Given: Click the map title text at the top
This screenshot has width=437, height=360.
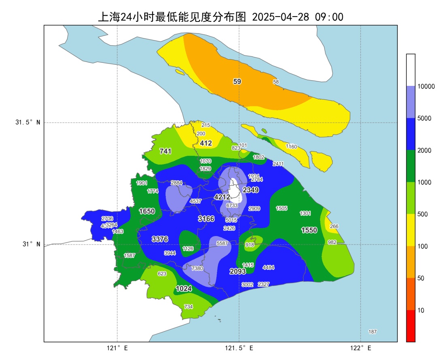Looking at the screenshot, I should coord(221,17).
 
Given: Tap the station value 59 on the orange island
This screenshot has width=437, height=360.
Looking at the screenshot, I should coord(237,81).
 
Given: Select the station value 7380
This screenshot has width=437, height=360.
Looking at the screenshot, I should coord(197,268).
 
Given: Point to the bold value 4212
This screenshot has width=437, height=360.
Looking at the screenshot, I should coord(222,197).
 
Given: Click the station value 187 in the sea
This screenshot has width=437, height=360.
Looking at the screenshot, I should coord(372,332).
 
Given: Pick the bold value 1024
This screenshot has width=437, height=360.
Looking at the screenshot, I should coord(183,289).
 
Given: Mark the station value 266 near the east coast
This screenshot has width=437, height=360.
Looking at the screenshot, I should coord(334,226).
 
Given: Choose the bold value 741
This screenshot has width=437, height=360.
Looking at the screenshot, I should coord(165,151).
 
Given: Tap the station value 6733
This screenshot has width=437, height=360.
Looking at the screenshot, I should coord(232,205).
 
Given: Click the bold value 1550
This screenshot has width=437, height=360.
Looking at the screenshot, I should coord(309,230).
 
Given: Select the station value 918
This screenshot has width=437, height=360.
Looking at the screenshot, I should coord(250,245).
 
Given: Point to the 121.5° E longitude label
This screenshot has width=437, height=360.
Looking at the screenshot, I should coord(239,348).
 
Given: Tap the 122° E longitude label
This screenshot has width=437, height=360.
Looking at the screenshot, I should coord(361,348).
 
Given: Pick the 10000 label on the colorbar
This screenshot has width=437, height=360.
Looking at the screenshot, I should coord(426,86).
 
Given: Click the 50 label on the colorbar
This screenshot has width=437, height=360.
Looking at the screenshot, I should coord(420,278).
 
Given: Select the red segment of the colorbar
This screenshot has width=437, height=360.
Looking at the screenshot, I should coord(411,326).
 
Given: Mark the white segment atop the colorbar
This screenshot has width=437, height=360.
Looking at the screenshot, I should coord(411,70).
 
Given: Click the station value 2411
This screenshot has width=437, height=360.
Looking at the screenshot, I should coord(278,164).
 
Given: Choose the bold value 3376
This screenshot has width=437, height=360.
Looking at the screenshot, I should coord(160,239).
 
